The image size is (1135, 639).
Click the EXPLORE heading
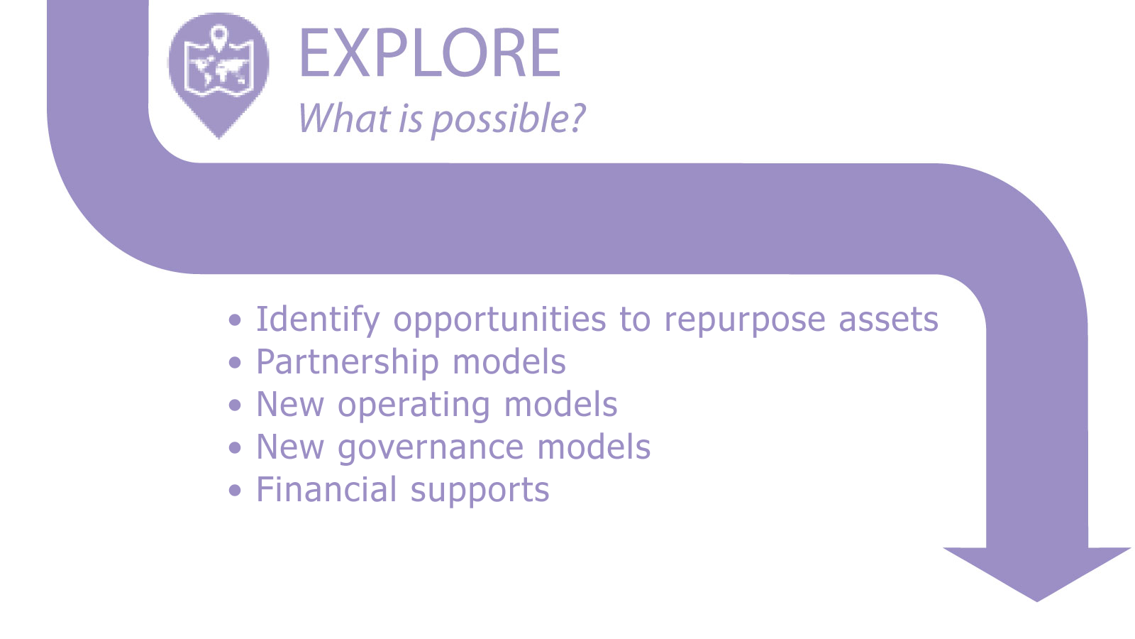point(430,53)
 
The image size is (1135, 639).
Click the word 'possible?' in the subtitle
point(508,120)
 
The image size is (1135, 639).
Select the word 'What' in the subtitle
point(345,118)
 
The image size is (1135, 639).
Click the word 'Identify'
point(318,320)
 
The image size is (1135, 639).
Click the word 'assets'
point(889,320)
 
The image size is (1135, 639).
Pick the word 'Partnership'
point(348,363)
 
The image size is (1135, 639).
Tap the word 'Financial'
point(326,489)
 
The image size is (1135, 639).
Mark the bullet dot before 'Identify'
point(235,320)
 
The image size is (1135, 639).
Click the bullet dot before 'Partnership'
point(235,363)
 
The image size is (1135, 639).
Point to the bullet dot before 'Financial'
point(235,491)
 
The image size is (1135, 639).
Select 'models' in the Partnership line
point(509,362)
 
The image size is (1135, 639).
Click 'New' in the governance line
point(290,447)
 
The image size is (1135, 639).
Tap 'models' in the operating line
point(561,405)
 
